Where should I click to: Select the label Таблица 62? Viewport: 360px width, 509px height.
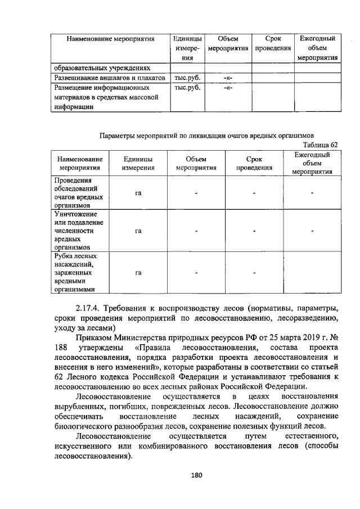click(x=319, y=145)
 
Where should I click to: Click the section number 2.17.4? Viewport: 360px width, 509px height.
click(x=93, y=308)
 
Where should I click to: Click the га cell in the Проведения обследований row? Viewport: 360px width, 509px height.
click(x=138, y=193)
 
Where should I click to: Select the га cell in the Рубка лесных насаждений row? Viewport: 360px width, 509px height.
click(x=138, y=273)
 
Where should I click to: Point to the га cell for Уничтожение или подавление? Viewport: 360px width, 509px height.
click(x=138, y=231)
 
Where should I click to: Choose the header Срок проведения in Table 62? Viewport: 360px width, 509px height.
click(x=254, y=163)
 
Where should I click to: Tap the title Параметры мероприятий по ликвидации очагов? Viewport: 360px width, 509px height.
click(x=206, y=135)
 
